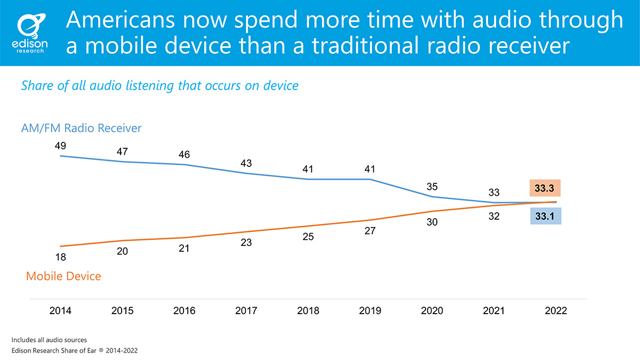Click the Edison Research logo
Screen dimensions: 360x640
pyautogui.click(x=31, y=33)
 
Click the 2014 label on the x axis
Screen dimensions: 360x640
pyautogui.click(x=61, y=311)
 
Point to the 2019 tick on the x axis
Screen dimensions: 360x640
pyautogui.click(x=370, y=311)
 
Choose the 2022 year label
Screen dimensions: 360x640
pyautogui.click(x=556, y=311)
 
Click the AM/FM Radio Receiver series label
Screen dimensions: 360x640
pyautogui.click(x=81, y=129)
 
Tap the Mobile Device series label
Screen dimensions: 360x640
pyautogui.click(x=63, y=276)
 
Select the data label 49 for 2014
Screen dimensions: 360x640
pyautogui.click(x=60, y=145)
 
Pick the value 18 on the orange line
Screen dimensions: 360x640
pyautogui.click(x=60, y=257)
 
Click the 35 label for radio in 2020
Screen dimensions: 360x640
pyautogui.click(x=432, y=187)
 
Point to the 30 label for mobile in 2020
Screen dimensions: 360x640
pyautogui.click(x=432, y=222)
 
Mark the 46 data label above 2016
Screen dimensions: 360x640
pyautogui.click(x=184, y=155)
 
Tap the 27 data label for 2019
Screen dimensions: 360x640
pyautogui.click(x=370, y=231)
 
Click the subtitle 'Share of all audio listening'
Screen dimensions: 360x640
pyautogui.click(x=159, y=85)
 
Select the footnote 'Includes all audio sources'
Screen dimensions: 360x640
pyautogui.click(x=49, y=340)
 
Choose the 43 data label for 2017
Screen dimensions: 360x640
pyautogui.click(x=246, y=164)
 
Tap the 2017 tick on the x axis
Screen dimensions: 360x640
pyautogui.click(x=246, y=311)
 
